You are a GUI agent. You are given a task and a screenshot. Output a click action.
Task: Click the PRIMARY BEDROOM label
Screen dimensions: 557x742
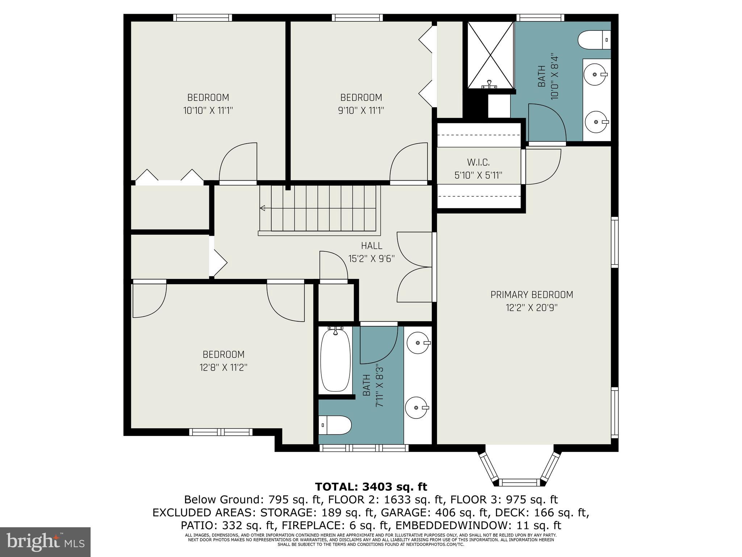click(x=532, y=295)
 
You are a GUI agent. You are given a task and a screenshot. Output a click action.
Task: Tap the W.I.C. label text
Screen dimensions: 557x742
click(x=478, y=162)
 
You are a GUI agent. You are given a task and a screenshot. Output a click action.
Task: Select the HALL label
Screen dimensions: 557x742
click(x=371, y=246)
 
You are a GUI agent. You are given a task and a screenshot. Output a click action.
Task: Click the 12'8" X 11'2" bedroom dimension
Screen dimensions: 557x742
click(x=223, y=367)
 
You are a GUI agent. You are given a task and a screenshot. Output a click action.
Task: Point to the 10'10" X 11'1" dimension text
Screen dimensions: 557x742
click(x=208, y=110)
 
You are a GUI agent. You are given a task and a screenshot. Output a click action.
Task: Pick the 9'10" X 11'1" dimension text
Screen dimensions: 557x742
click(x=361, y=110)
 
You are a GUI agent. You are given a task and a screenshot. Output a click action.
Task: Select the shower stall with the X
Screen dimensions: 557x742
click(x=490, y=55)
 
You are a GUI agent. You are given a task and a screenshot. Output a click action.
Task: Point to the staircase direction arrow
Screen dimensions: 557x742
click(x=263, y=208)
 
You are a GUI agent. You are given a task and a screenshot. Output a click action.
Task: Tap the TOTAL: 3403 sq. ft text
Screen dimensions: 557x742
click(x=371, y=487)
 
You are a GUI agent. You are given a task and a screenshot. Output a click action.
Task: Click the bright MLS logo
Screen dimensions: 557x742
click(x=45, y=542)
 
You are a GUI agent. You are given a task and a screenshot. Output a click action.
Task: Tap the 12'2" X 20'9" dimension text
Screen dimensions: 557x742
click(x=532, y=308)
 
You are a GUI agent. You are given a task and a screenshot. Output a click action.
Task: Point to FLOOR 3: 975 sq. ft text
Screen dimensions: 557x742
click(x=504, y=500)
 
